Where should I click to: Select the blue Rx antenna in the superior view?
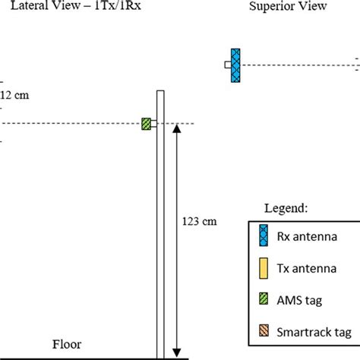tap(236, 65)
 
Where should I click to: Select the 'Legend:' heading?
tap(285, 207)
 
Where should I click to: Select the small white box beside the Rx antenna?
tap(227, 65)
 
